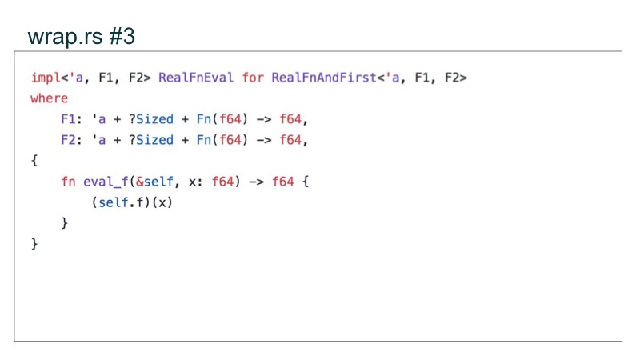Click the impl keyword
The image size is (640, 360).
45,78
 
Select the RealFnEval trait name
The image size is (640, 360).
196,78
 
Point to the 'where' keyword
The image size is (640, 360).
49,98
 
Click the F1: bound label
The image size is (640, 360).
72,119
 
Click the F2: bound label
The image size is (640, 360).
72,140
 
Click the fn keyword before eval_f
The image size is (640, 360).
68,182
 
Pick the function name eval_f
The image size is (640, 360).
105,182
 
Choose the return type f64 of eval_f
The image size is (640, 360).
282,182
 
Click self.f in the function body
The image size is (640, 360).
121,202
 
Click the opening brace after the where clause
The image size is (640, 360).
34,161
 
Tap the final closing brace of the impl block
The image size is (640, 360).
34,244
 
